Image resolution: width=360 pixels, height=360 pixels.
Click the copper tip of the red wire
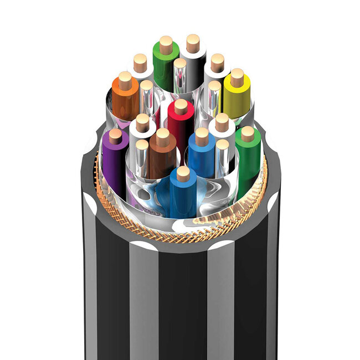pyautogui.click(x=181, y=106)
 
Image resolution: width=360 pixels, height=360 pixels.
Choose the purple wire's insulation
pyautogui.click(x=115, y=161)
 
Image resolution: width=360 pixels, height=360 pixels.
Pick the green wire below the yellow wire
pyautogui.click(x=248, y=161)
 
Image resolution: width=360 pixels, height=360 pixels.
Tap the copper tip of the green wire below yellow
pyautogui.click(x=248, y=133)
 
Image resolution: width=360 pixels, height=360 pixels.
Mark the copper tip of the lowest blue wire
pyautogui.click(x=183, y=174)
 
